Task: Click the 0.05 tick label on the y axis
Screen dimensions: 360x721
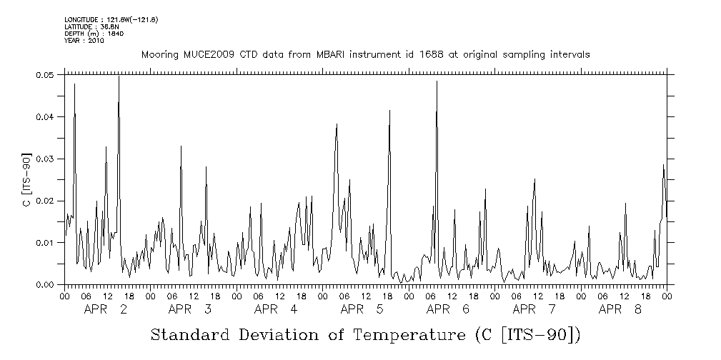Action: [x=45, y=74]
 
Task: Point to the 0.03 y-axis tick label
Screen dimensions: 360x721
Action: [x=45, y=159]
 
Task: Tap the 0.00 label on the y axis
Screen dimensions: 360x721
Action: [x=45, y=285]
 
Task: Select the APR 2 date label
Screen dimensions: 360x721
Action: [x=106, y=309]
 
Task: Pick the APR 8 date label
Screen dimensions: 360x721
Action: [x=620, y=309]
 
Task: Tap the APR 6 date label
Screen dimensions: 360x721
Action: [x=448, y=309]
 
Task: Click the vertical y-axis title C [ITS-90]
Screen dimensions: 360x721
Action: [x=26, y=179]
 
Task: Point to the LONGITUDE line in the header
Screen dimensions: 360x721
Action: [x=111, y=19]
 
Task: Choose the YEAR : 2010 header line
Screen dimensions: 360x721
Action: [x=84, y=41]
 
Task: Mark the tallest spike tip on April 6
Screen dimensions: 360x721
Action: [x=437, y=81]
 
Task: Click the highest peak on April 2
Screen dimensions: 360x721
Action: [x=119, y=76]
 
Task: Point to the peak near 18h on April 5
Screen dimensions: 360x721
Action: [x=389, y=111]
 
